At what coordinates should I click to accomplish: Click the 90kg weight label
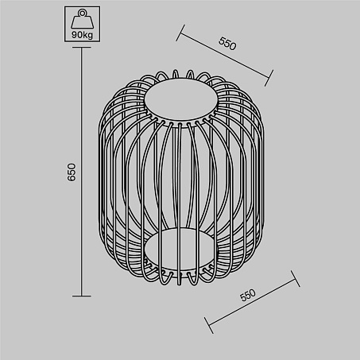pyautogui.click(x=82, y=35)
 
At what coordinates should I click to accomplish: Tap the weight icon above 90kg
pyautogui.click(x=82, y=19)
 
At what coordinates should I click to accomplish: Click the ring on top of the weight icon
pyautogui.click(x=82, y=13)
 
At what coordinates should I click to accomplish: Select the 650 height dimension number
pyautogui.click(x=72, y=172)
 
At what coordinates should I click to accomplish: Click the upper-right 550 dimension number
pyautogui.click(x=227, y=44)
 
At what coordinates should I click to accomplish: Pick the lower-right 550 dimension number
pyautogui.click(x=248, y=295)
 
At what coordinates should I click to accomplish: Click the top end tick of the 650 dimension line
pyautogui.click(x=82, y=48)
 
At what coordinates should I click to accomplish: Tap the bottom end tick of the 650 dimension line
pyautogui.click(x=82, y=296)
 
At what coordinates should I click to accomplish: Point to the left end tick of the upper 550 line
pyautogui.click(x=180, y=33)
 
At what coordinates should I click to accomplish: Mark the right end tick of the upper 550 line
pyautogui.click(x=269, y=78)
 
